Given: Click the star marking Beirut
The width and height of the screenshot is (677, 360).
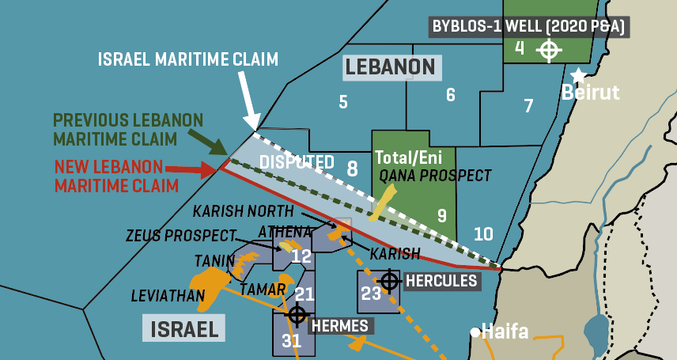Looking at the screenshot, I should tap(579, 75).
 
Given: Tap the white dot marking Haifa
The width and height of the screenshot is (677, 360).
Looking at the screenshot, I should tap(475, 332).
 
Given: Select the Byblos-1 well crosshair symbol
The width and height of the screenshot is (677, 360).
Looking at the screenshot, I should tap(548, 50).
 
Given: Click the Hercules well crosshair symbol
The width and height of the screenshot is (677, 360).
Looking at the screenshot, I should tap(389, 280).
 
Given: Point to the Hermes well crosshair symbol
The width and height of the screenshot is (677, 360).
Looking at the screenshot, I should tap(297, 314).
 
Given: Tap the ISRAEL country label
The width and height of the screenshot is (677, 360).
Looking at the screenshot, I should tap(181, 328).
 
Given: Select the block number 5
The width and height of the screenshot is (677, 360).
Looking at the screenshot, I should tap(343, 101).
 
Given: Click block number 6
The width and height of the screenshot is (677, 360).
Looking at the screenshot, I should tap(451, 95).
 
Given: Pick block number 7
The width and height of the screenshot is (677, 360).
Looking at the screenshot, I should tap(528, 105).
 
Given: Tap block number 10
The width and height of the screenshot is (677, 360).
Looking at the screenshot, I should tap(483, 233).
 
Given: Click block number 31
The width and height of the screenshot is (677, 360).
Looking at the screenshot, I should tap(292, 341).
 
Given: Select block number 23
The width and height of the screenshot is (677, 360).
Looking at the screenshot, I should tap(372, 294).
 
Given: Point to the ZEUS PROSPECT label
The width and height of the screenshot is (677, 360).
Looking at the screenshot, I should tap(180, 236).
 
